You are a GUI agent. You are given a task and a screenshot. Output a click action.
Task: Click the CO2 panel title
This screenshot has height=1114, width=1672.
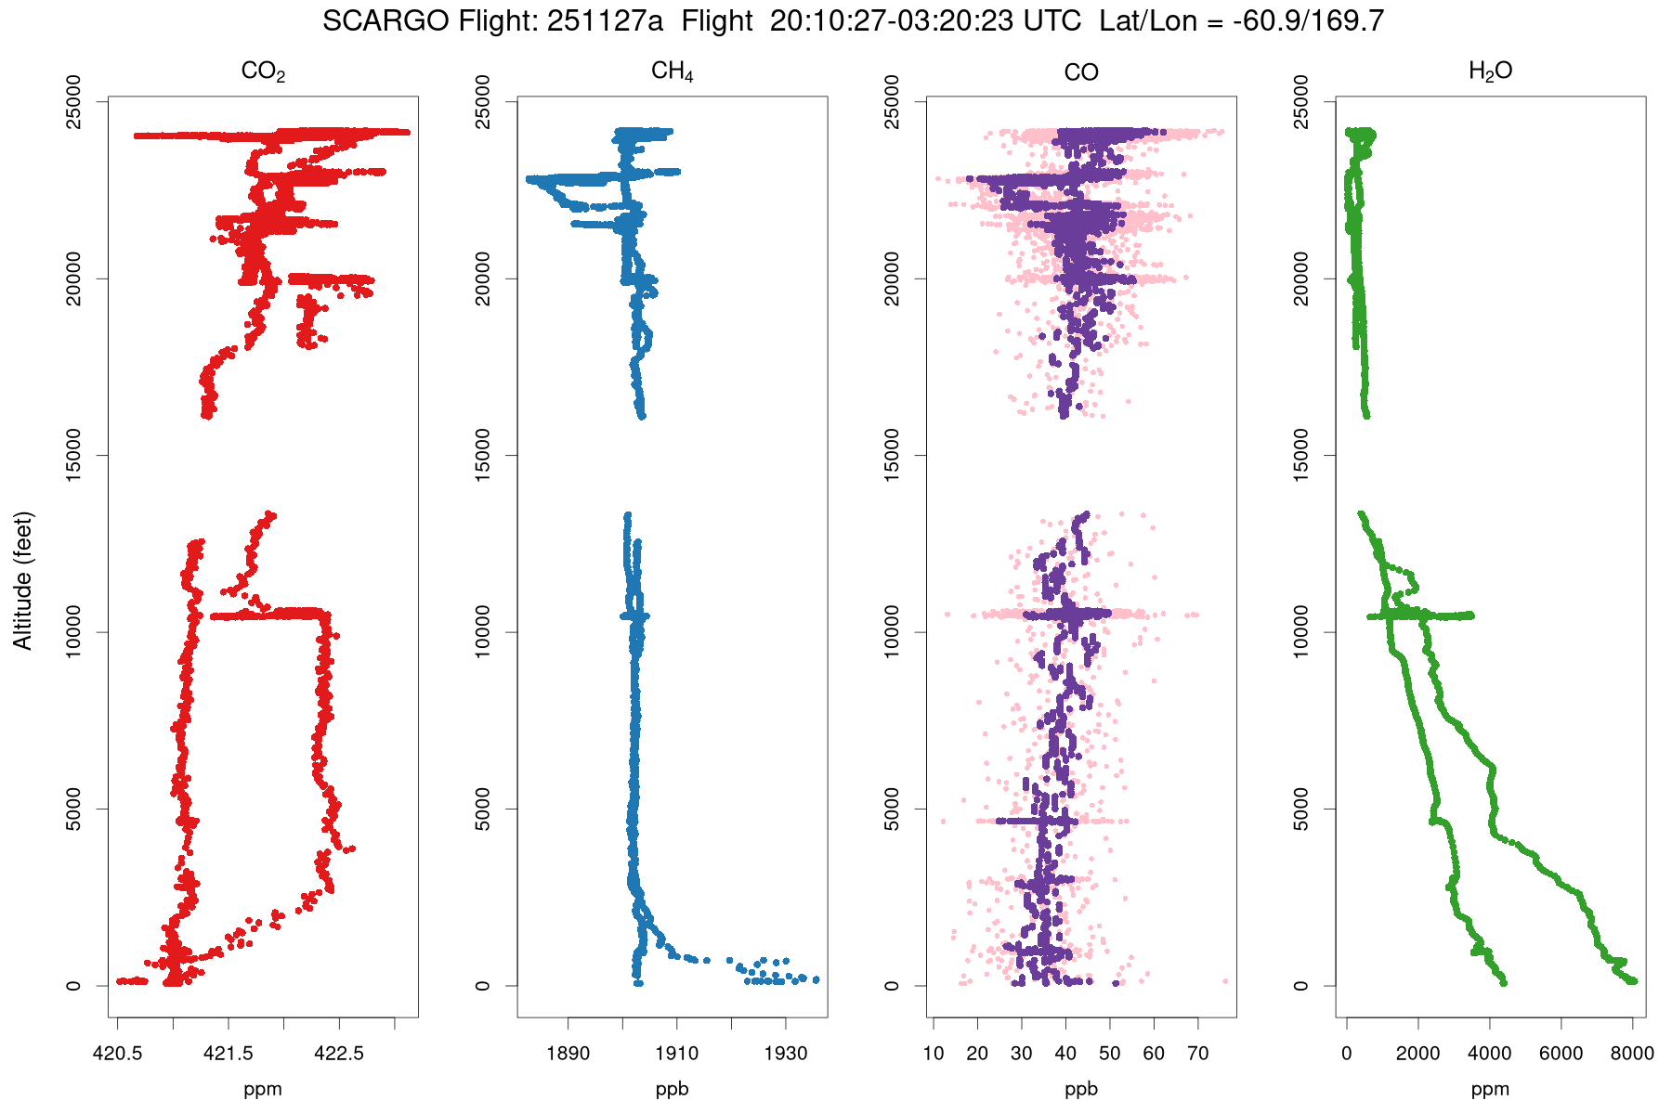click(263, 71)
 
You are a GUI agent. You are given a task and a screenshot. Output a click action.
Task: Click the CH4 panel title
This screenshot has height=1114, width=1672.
click(672, 71)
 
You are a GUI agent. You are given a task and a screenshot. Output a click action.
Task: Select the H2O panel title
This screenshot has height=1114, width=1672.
click(1490, 71)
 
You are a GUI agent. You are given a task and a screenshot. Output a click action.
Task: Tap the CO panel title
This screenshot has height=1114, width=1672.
click(1081, 71)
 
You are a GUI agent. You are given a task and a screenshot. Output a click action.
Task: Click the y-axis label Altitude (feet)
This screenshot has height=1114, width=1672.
click(23, 580)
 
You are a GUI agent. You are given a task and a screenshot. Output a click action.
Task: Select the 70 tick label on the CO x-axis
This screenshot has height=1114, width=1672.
click(1197, 1054)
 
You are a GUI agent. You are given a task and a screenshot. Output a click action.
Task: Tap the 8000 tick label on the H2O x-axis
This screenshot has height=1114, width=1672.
click(1631, 1054)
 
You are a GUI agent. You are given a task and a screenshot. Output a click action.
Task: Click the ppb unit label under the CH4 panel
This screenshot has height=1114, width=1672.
click(672, 1089)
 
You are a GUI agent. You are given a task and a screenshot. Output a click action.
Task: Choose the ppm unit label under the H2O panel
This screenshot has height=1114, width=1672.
click(1490, 1089)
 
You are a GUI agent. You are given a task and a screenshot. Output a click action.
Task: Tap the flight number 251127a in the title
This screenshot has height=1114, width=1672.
click(605, 21)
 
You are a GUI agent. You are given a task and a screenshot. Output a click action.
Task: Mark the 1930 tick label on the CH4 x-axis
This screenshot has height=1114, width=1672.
click(786, 1054)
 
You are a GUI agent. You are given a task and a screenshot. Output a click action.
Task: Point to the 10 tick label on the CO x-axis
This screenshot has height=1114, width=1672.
click(934, 1054)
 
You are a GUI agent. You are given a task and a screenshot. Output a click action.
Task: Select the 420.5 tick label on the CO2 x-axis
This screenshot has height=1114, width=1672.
click(117, 1054)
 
